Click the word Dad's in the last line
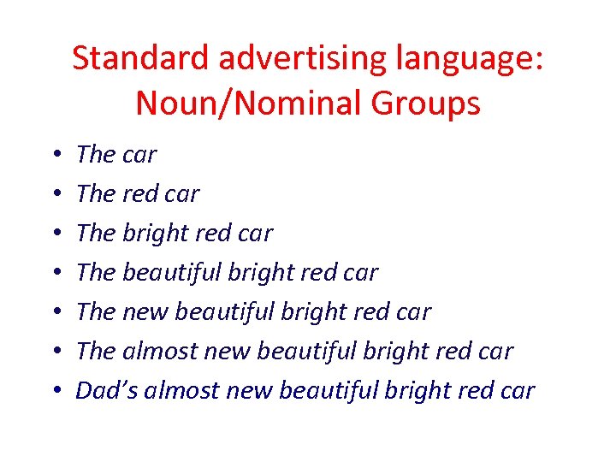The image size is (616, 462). [x=107, y=390]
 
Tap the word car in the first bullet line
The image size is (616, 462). [x=139, y=155]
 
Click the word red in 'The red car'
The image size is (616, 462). [x=142, y=194]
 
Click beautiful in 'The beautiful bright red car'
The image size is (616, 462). [x=174, y=273]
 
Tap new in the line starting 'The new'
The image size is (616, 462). [x=145, y=312]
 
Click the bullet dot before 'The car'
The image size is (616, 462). [x=55, y=155]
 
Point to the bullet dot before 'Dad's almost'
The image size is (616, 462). [x=55, y=391]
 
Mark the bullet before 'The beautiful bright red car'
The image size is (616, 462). [x=55, y=273]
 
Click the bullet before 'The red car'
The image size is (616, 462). [x=55, y=194]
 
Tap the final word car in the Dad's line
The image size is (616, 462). [x=516, y=390]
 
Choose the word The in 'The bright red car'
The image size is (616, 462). [x=96, y=234]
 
